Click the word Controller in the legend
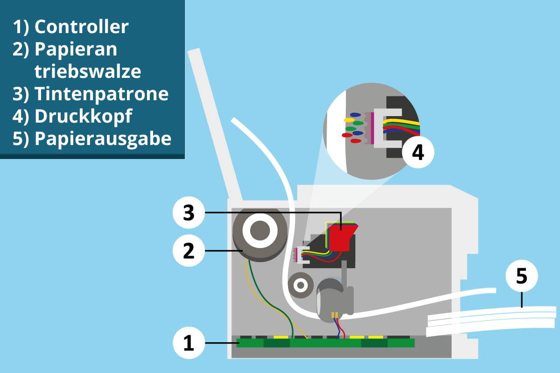tap(81, 27)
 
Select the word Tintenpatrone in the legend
tap(101, 94)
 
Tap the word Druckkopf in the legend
tap(83, 117)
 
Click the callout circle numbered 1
tap(189, 344)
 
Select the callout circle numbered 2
tap(189, 251)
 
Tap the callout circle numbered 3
tap(189, 213)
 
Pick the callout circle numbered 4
tap(418, 152)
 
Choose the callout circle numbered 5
tap(522, 276)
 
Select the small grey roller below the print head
tap(300, 284)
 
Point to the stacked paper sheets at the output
tap(490, 322)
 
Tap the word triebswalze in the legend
tap(88, 72)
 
